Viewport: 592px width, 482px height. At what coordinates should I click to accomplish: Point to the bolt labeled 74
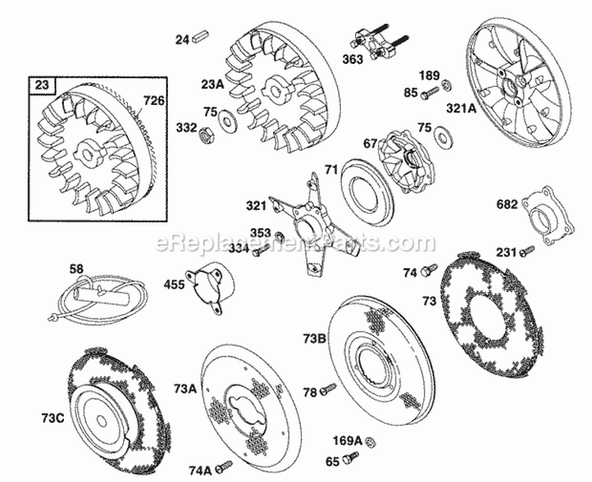point(429,271)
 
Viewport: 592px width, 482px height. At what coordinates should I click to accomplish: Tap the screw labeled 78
point(328,389)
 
